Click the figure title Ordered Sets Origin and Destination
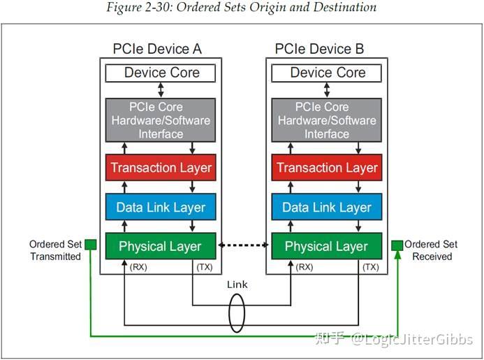tap(241, 8)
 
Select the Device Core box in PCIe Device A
tap(161, 73)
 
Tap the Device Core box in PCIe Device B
tap(327, 73)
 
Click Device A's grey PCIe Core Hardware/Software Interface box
tap(161, 120)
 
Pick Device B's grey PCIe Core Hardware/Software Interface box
tap(327, 120)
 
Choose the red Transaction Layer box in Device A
tap(161, 168)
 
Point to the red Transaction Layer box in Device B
tap(327, 168)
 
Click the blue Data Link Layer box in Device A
tap(161, 208)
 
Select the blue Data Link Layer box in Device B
tap(327, 208)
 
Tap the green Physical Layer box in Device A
tap(161, 246)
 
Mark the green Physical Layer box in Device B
tap(327, 246)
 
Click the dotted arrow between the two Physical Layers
tap(244, 245)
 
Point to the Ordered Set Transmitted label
tap(55, 250)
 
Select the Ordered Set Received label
tap(431, 250)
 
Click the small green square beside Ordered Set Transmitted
tap(90, 245)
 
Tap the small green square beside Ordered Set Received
tap(397, 245)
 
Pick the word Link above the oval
tap(237, 285)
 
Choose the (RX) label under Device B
tap(304, 266)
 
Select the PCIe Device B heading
tap(319, 50)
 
